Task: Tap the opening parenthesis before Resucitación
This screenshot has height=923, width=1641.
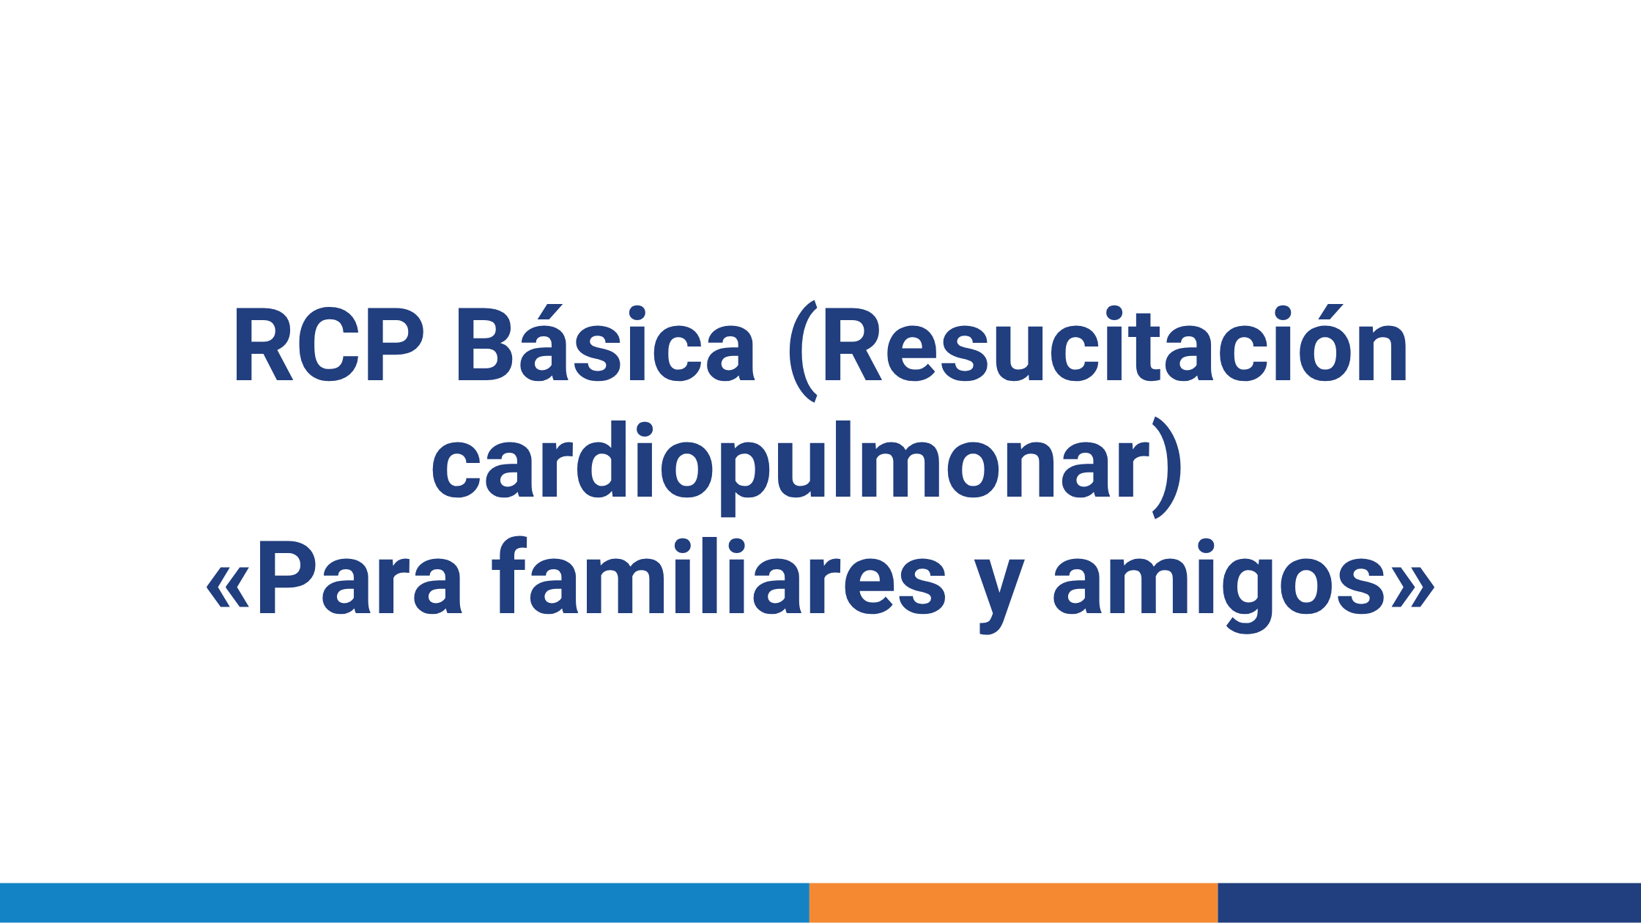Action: (803, 352)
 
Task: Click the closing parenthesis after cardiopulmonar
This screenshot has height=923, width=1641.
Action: (1166, 467)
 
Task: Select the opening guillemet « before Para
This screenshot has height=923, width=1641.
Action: (228, 587)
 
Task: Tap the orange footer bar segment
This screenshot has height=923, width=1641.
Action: (1013, 902)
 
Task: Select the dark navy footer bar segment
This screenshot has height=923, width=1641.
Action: (1429, 902)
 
